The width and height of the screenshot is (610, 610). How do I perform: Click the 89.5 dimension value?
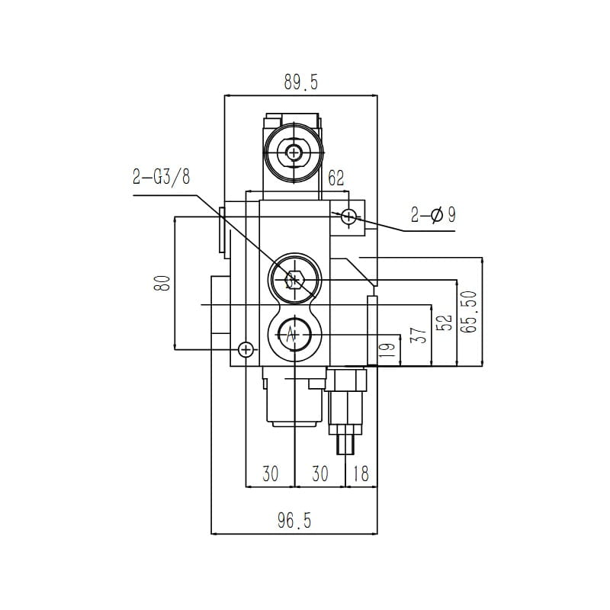(x=300, y=82)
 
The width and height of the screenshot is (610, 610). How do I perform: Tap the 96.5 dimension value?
(x=294, y=521)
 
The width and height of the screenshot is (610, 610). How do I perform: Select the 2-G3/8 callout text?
(x=162, y=177)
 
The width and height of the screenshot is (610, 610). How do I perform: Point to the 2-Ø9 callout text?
(x=433, y=214)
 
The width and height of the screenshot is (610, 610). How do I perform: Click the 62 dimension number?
(x=336, y=178)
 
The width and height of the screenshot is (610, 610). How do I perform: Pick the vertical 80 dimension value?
(x=162, y=283)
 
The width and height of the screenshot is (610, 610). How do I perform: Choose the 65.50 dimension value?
(x=468, y=312)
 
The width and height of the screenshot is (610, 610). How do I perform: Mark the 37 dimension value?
(x=419, y=335)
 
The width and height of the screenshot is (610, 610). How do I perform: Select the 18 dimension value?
(x=361, y=474)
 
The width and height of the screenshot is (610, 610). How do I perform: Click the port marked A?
(x=294, y=335)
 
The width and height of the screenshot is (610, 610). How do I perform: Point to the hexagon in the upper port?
(x=294, y=280)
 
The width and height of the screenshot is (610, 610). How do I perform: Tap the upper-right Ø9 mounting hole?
(x=348, y=217)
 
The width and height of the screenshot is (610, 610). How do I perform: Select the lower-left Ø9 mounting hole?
(x=246, y=349)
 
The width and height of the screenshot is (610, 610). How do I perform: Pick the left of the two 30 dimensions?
(x=271, y=474)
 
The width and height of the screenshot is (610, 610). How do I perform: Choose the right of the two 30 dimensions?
(x=320, y=474)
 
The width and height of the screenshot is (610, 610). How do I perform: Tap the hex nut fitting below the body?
(x=346, y=380)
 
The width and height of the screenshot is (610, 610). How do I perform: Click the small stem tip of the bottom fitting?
(x=346, y=445)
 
